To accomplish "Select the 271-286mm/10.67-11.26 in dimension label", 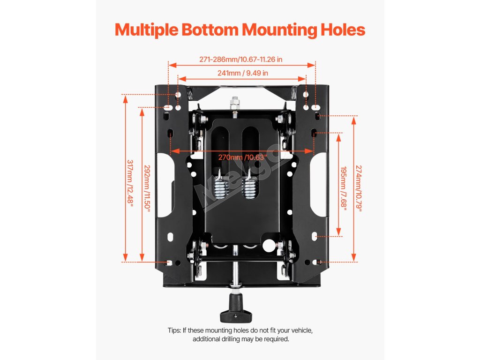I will pos(240,60).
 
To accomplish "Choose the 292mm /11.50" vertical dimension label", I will pos(147,188).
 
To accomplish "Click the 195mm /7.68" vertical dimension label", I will pos(344,188).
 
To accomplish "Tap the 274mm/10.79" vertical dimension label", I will pos(360,188).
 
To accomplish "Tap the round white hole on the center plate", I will pos(268,245).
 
